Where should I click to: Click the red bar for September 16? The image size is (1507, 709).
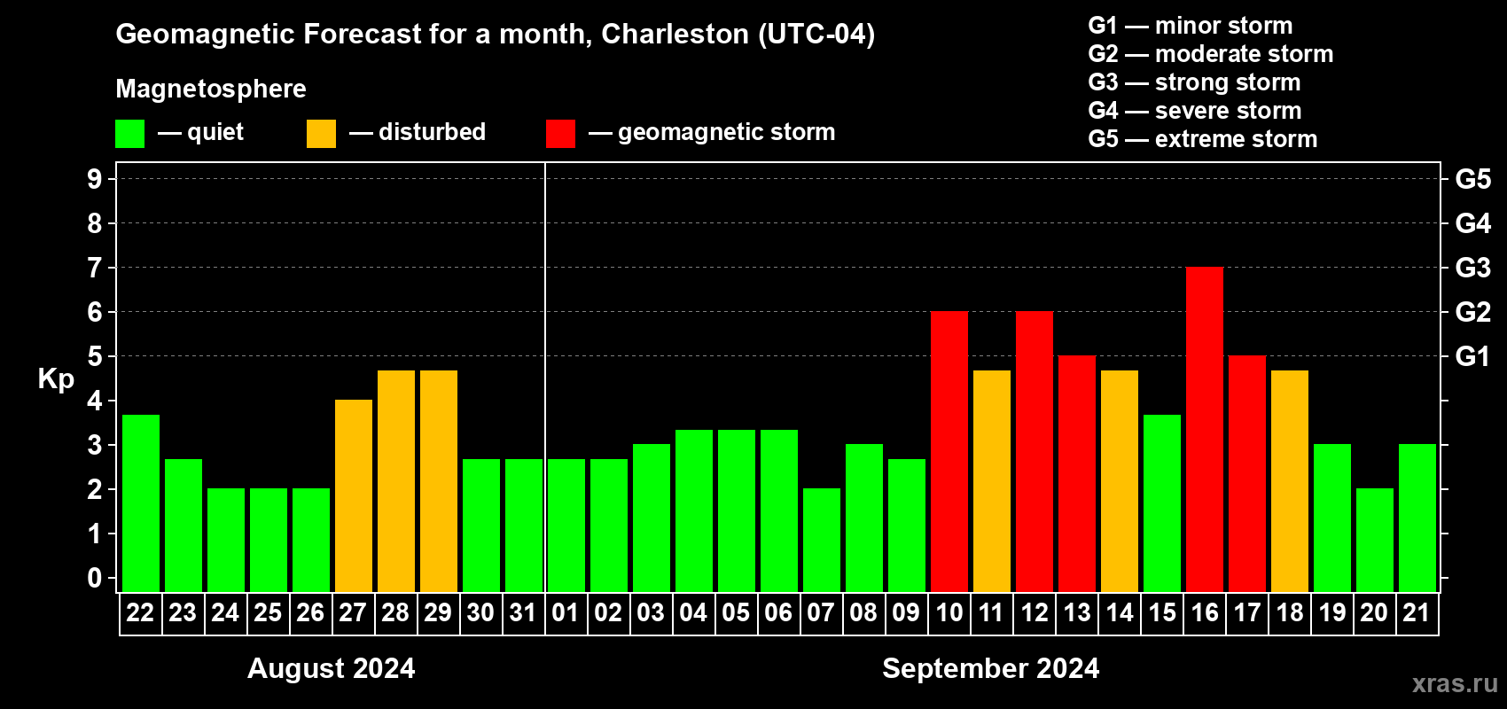pyautogui.click(x=1205, y=430)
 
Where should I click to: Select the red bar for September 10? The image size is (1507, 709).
pyautogui.click(x=949, y=452)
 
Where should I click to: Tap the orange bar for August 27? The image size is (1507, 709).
pyautogui.click(x=354, y=496)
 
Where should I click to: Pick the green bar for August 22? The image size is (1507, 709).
pyautogui.click(x=141, y=503)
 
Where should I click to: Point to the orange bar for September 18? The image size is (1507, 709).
pyautogui.click(x=1290, y=481)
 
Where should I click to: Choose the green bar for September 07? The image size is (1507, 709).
pyautogui.click(x=822, y=541)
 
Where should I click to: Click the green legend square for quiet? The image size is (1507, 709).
pyautogui.click(x=129, y=134)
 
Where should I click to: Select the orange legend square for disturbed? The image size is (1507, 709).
pyautogui.click(x=321, y=134)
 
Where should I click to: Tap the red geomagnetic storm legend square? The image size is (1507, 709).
pyautogui.click(x=560, y=134)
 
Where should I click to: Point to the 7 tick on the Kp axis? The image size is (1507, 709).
pyautogui.click(x=95, y=268)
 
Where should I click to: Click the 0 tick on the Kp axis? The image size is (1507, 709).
pyautogui.click(x=95, y=579)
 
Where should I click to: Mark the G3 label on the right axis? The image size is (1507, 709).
pyautogui.click(x=1472, y=268)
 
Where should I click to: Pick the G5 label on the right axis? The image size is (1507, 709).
pyautogui.click(x=1472, y=179)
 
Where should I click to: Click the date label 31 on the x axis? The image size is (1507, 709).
pyautogui.click(x=523, y=613)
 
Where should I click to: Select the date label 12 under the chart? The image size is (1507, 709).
pyautogui.click(x=1035, y=613)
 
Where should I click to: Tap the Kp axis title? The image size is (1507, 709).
pyautogui.click(x=56, y=379)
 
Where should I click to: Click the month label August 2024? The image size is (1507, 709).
pyautogui.click(x=331, y=668)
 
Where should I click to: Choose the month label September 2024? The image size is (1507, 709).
pyautogui.click(x=990, y=668)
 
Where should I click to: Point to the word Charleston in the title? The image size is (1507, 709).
pyautogui.click(x=675, y=34)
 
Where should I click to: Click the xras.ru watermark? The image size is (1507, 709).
pyautogui.click(x=1455, y=683)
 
